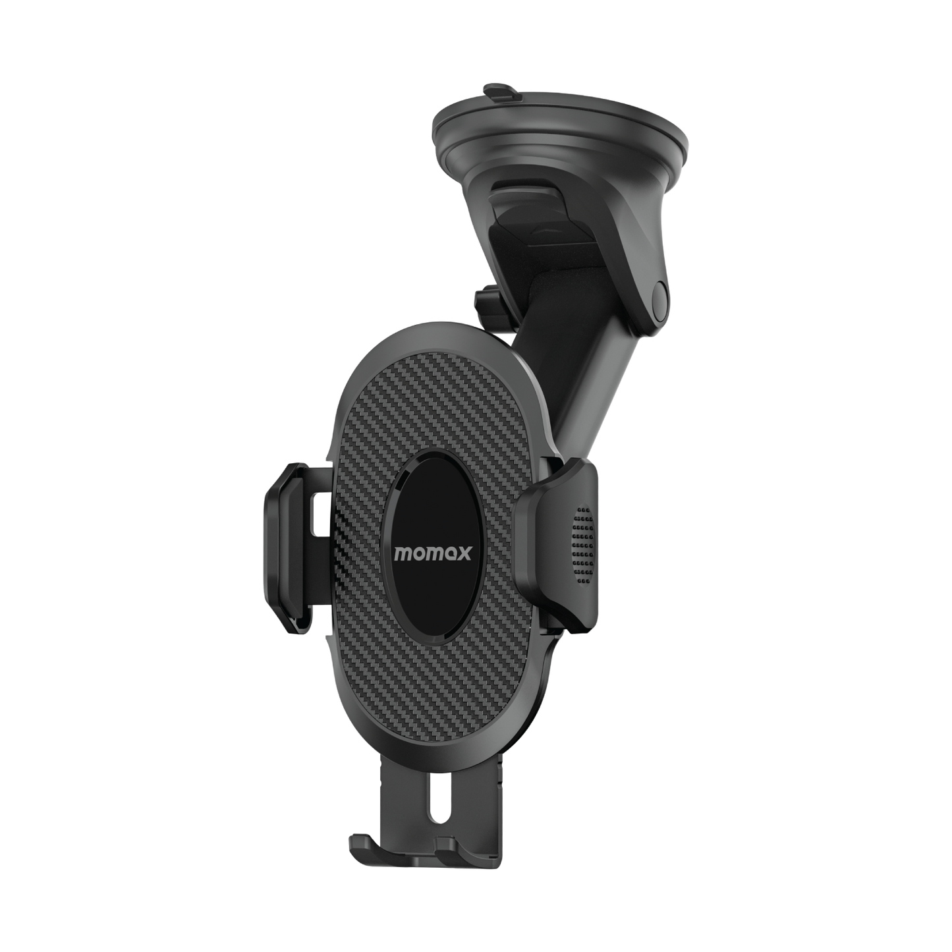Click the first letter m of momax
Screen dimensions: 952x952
click(x=403, y=553)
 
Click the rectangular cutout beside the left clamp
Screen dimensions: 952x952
click(x=322, y=514)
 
